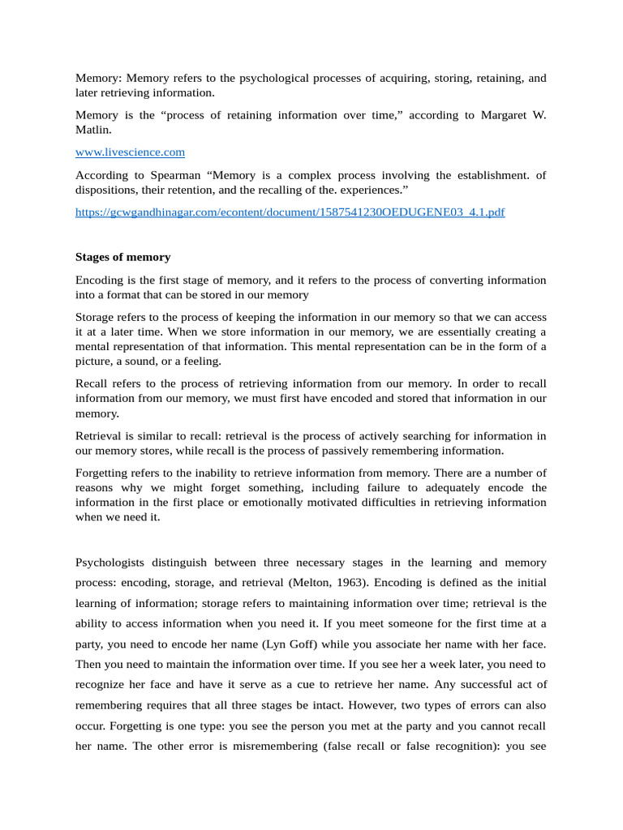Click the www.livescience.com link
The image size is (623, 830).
click(130, 152)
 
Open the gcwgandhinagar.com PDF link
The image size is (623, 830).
click(290, 212)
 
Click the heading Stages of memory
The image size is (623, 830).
click(122, 257)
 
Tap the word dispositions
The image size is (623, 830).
click(105, 190)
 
